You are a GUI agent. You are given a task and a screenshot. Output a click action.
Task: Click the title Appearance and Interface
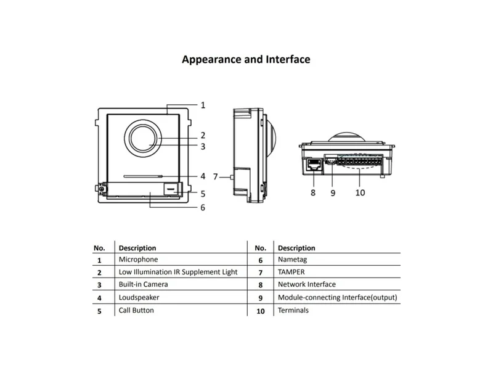click(246, 59)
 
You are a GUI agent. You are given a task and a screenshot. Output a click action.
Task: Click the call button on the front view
click(171, 189)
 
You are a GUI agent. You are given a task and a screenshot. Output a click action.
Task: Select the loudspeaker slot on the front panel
click(143, 176)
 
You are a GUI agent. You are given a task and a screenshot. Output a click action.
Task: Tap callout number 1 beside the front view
click(203, 105)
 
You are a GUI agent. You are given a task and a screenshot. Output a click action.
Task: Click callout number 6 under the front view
click(203, 208)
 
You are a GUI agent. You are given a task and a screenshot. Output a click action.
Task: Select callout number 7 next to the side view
click(215, 177)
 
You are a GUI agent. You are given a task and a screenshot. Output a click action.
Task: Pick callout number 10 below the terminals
click(361, 192)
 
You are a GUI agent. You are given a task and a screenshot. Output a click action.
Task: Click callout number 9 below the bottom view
click(333, 193)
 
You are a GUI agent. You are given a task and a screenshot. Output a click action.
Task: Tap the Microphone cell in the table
click(138, 260)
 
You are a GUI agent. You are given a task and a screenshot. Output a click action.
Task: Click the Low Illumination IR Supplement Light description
click(178, 272)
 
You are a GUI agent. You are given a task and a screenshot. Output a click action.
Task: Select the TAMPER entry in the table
click(291, 272)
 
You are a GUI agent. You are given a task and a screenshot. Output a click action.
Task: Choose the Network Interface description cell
click(306, 284)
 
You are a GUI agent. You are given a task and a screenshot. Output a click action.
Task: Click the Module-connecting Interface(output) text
click(337, 298)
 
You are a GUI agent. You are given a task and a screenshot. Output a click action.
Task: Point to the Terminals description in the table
click(293, 311)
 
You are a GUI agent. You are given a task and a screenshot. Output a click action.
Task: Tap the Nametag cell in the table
click(292, 260)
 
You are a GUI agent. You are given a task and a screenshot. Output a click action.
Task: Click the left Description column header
click(137, 248)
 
